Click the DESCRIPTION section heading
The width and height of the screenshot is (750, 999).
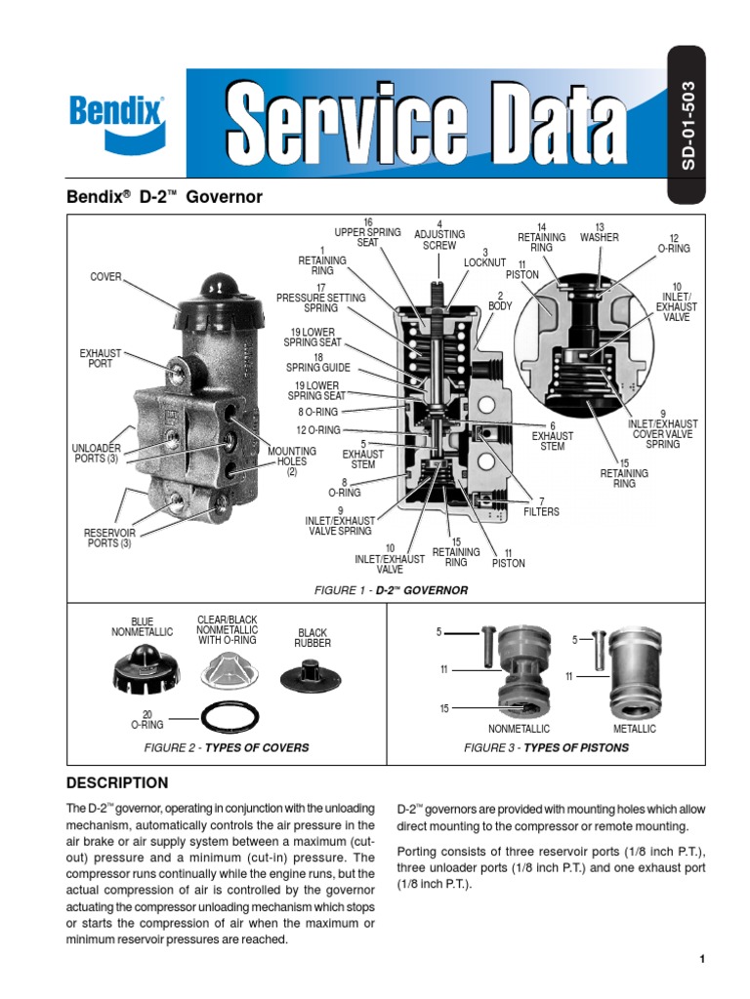pos(116,783)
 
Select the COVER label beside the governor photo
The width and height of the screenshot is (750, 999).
pos(106,277)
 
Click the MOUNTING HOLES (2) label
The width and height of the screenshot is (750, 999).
pos(292,461)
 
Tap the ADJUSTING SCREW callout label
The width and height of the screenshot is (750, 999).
pos(439,235)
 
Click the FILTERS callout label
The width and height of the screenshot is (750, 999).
pos(542,506)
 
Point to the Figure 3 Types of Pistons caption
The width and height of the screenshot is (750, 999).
pos(546,747)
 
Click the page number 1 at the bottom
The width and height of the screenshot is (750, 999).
pos(701,959)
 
